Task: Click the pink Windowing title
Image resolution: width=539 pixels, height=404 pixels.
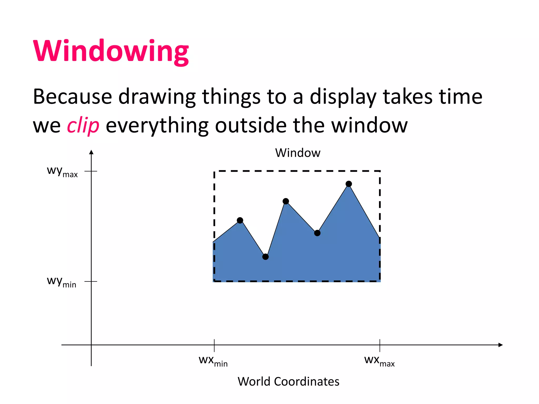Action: coord(111,51)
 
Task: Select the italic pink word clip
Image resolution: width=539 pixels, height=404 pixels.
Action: coord(83,125)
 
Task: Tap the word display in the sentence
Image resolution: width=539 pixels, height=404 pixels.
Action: coord(343,97)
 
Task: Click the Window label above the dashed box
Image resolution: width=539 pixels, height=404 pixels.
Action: coord(298,153)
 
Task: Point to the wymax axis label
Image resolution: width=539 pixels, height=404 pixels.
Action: coord(62,171)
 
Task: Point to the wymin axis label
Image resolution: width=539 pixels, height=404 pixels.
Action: coord(62,282)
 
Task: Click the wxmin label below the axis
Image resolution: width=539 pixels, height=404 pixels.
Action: coord(213,361)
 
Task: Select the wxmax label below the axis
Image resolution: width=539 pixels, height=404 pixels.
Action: coord(379,361)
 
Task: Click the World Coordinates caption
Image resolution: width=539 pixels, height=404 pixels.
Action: coord(288,381)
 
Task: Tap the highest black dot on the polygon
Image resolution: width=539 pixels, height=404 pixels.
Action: coord(349,184)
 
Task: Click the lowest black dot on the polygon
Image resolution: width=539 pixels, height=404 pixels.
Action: coord(266,257)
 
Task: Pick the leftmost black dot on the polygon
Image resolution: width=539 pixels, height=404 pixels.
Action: coord(240,220)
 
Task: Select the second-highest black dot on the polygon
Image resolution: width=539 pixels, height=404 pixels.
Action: coord(286,201)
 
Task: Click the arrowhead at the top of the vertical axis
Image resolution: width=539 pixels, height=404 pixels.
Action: coord(91,152)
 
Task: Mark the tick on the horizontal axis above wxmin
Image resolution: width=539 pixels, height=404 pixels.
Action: coord(214,345)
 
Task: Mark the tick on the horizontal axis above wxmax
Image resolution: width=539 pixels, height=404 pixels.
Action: coord(380,345)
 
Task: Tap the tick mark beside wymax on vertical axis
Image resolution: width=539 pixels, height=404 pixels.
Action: coord(91,171)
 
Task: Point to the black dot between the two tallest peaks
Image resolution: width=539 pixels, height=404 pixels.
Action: coord(317,233)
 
